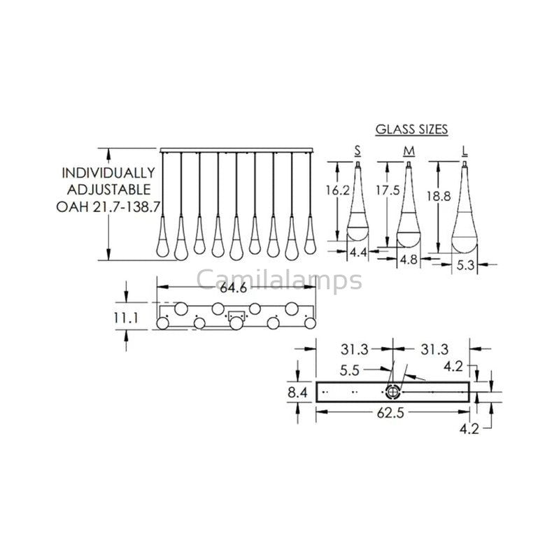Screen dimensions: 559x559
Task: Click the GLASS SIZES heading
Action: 411,129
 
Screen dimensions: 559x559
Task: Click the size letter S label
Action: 358,150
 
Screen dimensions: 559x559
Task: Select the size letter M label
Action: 406,150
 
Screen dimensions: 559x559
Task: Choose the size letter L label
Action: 465,150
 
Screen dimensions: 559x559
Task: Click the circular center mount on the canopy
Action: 393,392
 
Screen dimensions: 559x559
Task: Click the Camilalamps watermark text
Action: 279,280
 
